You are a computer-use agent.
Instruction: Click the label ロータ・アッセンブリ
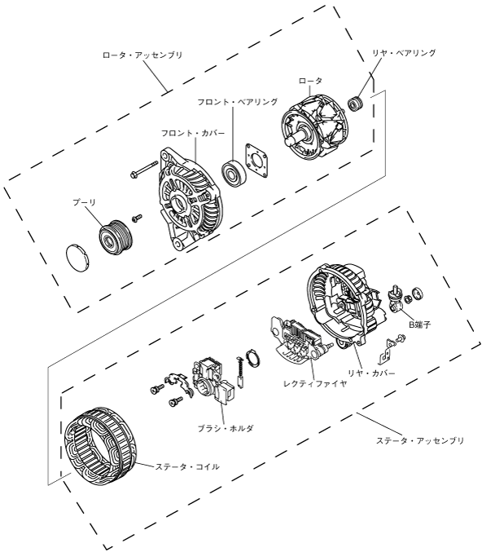tap(142, 55)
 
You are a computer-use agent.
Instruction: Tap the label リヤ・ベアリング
tap(404, 53)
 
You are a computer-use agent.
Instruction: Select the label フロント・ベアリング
tap(238, 102)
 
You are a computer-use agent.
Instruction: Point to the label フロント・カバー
tap(193, 134)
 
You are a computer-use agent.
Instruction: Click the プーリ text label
tap(85, 202)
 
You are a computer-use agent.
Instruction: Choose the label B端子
tap(419, 325)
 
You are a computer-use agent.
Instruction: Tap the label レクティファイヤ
tap(315, 383)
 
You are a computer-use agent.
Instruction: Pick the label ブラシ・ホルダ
tap(226, 428)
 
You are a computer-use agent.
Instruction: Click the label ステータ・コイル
tap(187, 467)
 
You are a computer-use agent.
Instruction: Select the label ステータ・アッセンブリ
tap(420, 441)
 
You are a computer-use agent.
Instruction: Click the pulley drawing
tap(115, 236)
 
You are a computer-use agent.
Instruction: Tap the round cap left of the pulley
tap(77, 258)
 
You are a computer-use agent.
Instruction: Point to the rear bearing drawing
tap(356, 104)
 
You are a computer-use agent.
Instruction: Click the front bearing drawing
tap(232, 172)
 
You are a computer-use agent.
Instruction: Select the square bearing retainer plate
tap(256, 161)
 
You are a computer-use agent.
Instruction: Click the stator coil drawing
tap(100, 446)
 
